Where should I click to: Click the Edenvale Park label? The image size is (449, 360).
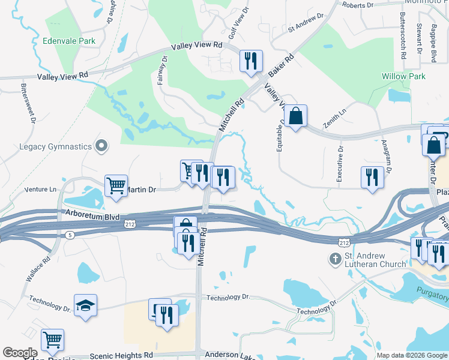click(x=70, y=41)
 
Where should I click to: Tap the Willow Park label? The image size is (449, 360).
click(x=403, y=76)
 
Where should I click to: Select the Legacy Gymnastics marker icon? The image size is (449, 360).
click(x=101, y=146)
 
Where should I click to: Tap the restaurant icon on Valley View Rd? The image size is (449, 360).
click(x=250, y=61)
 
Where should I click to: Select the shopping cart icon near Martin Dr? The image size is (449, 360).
click(x=116, y=184)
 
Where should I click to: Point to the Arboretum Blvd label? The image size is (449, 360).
click(x=94, y=215)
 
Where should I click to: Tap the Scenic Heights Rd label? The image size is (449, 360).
click(x=121, y=355)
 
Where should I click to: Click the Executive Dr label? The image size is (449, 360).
click(x=340, y=164)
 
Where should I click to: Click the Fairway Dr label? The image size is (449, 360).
click(x=161, y=71)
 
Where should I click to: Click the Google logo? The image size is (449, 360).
click(x=20, y=353)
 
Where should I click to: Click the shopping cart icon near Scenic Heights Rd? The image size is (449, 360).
click(x=53, y=340)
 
